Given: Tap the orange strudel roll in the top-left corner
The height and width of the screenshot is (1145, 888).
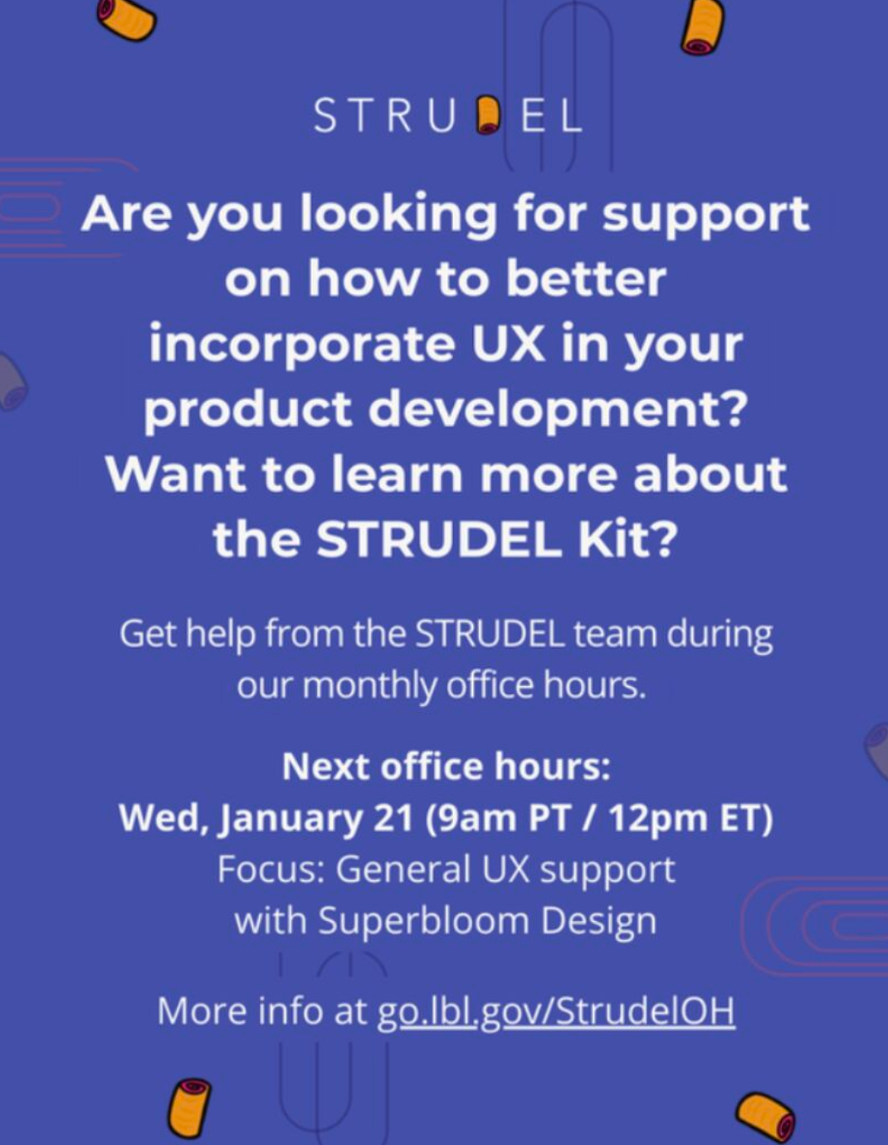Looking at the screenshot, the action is [126, 19].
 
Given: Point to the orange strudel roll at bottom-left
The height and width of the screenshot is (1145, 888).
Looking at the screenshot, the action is [188, 1107].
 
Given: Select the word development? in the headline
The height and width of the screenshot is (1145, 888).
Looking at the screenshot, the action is [557, 411].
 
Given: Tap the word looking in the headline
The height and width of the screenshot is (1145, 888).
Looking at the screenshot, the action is [398, 216].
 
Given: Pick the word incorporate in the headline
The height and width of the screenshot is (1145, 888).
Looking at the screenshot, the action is [302, 346].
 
